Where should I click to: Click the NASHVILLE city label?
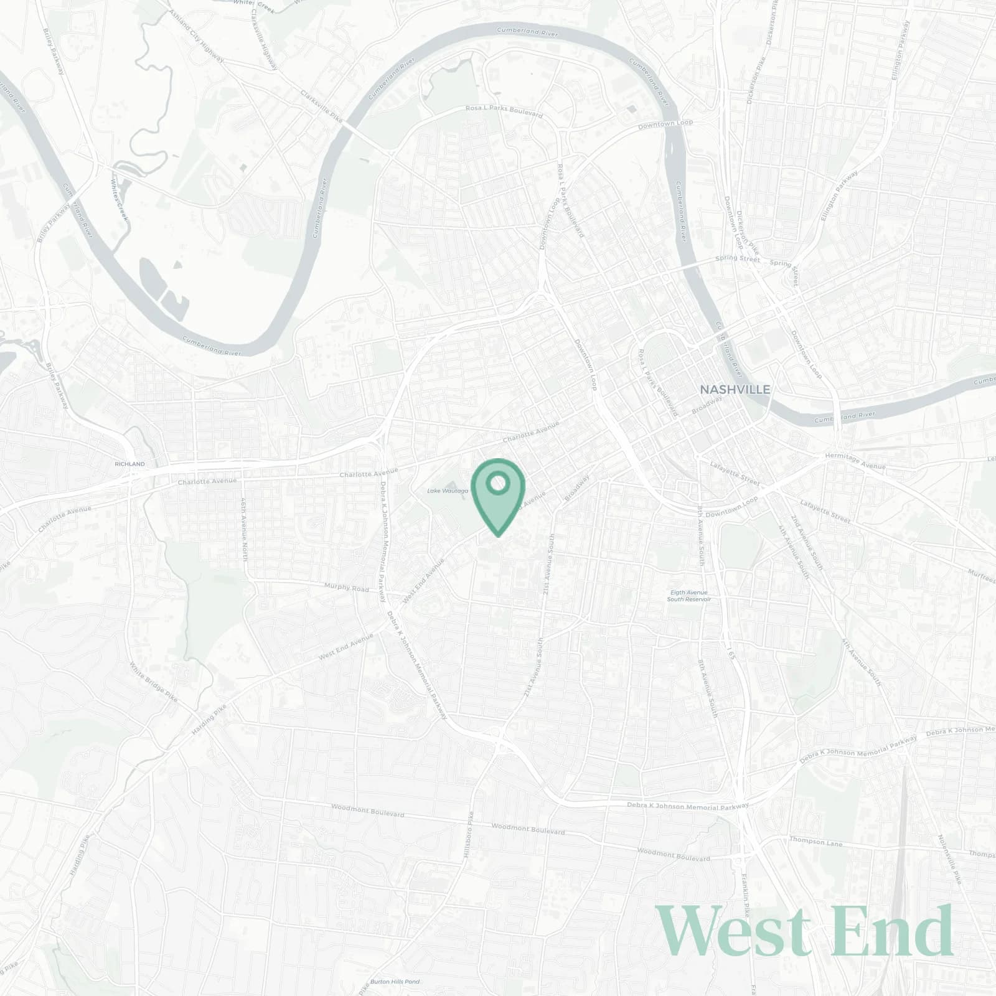pyautogui.click(x=735, y=390)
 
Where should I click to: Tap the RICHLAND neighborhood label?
pyautogui.click(x=129, y=464)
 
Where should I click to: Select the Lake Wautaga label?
pyautogui.click(x=447, y=491)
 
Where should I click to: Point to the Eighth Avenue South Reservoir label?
pyautogui.click(x=688, y=596)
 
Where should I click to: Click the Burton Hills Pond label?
pyautogui.click(x=395, y=982)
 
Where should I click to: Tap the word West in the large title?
pyautogui.click(x=735, y=931)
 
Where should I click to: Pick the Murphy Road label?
pyautogui.click(x=347, y=587)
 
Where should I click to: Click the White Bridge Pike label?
pyautogui.click(x=154, y=682)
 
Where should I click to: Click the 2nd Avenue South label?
pyautogui.click(x=807, y=546)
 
